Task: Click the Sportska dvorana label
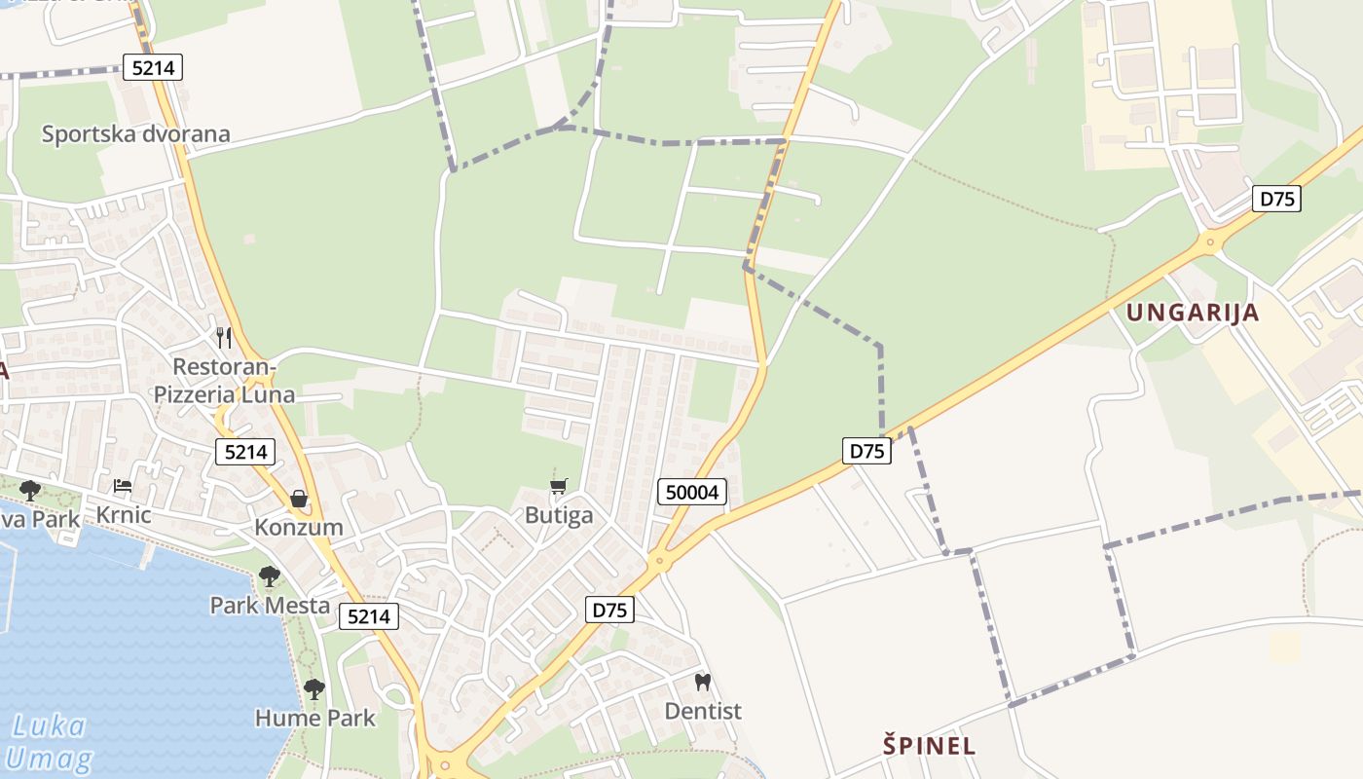tap(135, 133)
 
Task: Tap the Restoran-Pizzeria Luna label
tap(225, 381)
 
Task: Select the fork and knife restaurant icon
tap(224, 338)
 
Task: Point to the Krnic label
tap(124, 514)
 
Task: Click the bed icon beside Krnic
tap(123, 485)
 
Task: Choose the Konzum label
tap(299, 527)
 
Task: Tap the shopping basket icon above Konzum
tap(299, 499)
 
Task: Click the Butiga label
tap(559, 515)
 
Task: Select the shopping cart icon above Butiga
tap(559, 486)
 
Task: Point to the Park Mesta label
tap(271, 605)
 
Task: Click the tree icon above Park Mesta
tap(270, 576)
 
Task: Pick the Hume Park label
tap(314, 719)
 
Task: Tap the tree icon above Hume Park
tap(313, 689)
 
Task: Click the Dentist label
tap(703, 711)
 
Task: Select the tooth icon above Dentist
tap(703, 683)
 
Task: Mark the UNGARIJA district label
tap(1193, 313)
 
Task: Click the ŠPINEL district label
tap(929, 746)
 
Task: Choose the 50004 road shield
tap(692, 492)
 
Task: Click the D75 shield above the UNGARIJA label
tap(1276, 199)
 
